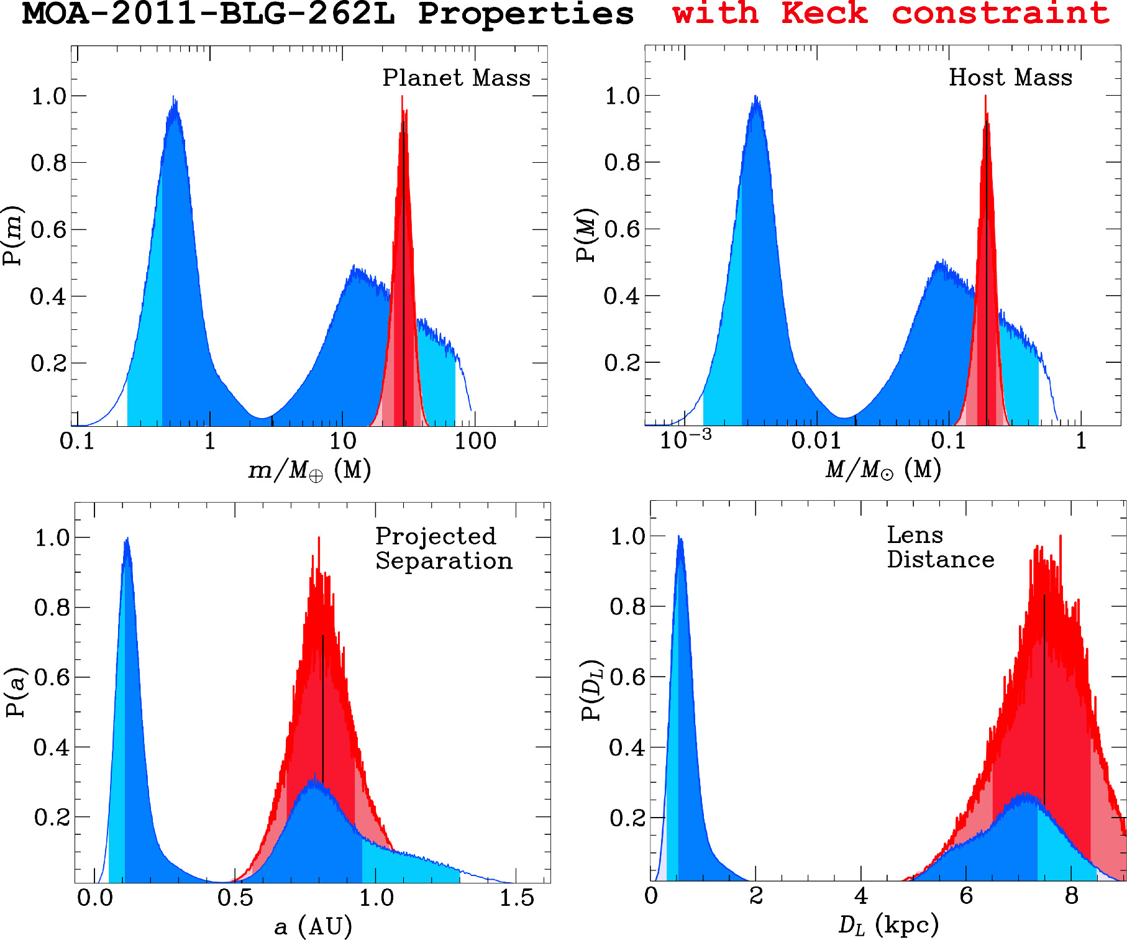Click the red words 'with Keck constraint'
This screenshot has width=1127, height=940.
coord(891,13)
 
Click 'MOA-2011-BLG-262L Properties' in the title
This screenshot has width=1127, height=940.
coord(327,13)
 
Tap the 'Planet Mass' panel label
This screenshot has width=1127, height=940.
coord(456,78)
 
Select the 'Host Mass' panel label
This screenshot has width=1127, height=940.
coord(1010,77)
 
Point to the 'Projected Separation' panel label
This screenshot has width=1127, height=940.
coord(444,548)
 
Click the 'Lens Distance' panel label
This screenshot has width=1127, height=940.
coord(940,547)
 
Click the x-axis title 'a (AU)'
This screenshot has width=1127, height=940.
coord(313,926)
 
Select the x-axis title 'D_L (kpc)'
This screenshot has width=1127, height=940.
coord(888,925)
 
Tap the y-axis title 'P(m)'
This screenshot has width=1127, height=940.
coord(12,236)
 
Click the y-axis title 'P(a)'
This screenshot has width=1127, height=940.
coord(16,692)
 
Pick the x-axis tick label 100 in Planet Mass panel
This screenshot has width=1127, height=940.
coord(475,441)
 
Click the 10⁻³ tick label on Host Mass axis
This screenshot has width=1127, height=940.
coord(685,439)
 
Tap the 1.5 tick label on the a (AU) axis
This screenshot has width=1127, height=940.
coord(517,898)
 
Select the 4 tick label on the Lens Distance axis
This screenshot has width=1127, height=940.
coord(860,896)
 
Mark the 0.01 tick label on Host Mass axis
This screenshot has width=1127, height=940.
coord(816,440)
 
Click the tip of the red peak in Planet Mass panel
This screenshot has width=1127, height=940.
coord(402,96)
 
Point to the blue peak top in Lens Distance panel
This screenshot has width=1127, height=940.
coord(679,536)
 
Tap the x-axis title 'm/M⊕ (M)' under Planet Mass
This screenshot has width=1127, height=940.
coord(309,470)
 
